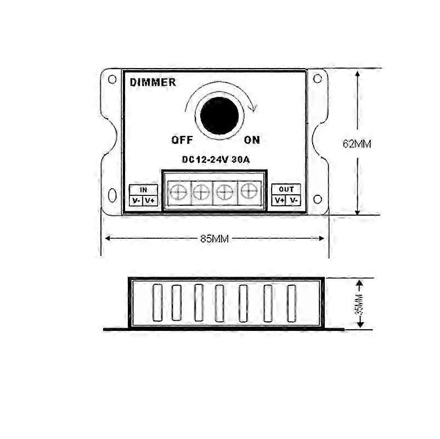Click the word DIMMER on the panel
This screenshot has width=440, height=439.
tap(153, 82)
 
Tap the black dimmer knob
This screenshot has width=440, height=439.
tap(219, 116)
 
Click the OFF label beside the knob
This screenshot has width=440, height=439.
tap(182, 140)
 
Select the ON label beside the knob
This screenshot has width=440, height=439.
tap(252, 140)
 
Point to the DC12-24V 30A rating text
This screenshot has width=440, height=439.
tap(216, 160)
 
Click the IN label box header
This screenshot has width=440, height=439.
tap(143, 190)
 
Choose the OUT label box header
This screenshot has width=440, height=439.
tap(286, 189)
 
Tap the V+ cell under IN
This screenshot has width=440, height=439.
tap(150, 201)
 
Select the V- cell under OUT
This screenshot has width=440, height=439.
tap(294, 200)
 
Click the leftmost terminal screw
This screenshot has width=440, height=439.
tap(178, 193)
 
